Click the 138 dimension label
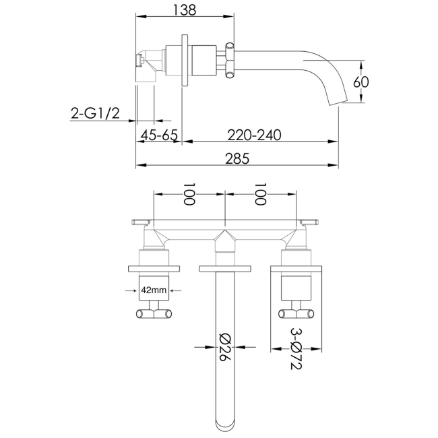click(185, 10)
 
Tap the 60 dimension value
click(361, 82)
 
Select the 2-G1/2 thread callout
click(95, 113)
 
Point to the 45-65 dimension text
click(159, 135)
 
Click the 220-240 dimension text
click(254, 135)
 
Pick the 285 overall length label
click(237, 158)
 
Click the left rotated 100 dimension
click(189, 194)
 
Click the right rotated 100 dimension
click(260, 194)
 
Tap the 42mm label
click(154, 290)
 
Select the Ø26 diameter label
click(225, 346)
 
